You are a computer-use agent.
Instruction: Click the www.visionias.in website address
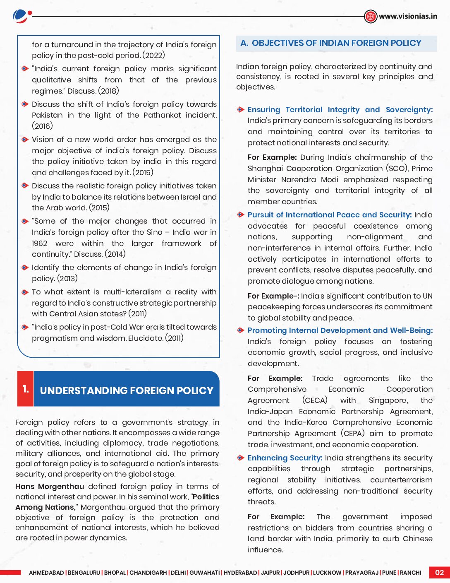(407, 16)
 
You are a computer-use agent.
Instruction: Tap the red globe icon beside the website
(371, 16)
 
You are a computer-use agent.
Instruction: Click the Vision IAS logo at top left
(22, 16)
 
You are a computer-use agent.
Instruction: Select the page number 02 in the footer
(439, 572)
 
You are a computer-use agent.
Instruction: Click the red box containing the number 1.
(26, 389)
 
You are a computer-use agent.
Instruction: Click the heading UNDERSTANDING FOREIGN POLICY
(127, 390)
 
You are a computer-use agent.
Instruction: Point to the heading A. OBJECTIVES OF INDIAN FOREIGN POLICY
(330, 43)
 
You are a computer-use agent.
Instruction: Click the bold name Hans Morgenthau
(50, 487)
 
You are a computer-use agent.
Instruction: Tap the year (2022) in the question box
(153, 55)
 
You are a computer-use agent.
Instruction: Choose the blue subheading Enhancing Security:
(285, 458)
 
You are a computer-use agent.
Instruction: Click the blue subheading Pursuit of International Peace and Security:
(329, 215)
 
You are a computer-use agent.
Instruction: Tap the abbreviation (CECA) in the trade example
(314, 400)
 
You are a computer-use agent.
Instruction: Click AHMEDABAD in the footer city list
(46, 573)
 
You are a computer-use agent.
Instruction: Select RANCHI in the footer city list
(410, 573)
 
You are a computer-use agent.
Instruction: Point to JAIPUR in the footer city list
(270, 573)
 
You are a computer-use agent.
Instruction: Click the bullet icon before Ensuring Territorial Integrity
(241, 110)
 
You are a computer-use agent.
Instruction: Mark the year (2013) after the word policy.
(67, 279)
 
